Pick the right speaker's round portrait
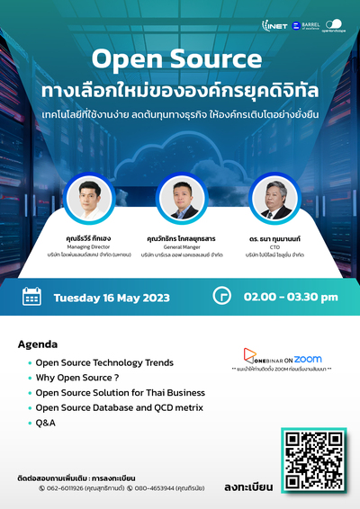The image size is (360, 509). [x=274, y=198]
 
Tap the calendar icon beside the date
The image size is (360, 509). [x=32, y=296]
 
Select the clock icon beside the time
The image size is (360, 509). [x=220, y=296]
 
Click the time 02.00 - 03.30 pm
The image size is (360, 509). [x=289, y=297]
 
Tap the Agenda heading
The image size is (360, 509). [x=37, y=344]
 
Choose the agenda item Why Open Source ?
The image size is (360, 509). [x=77, y=378]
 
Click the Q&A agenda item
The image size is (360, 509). [x=47, y=422]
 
